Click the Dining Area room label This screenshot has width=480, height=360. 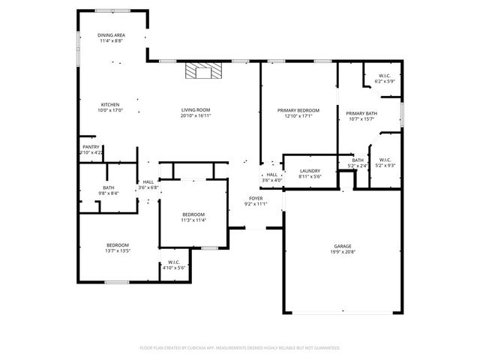(x=111, y=35)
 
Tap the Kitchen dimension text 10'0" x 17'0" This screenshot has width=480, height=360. (x=111, y=110)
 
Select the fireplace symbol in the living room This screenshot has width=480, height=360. (x=204, y=71)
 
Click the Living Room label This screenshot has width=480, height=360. (x=195, y=110)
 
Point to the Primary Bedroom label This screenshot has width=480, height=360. (x=298, y=110)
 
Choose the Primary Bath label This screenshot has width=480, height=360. (x=361, y=113)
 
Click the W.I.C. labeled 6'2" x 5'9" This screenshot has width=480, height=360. (x=385, y=76)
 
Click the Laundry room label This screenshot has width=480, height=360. (x=310, y=171)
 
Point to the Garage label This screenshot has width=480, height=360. (x=343, y=246)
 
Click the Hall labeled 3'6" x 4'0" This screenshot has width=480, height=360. (x=271, y=175)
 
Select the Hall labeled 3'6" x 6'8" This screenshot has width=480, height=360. (x=148, y=181)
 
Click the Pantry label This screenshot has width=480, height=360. (x=91, y=147)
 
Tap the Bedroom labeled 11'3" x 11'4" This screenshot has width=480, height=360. (x=193, y=214)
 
